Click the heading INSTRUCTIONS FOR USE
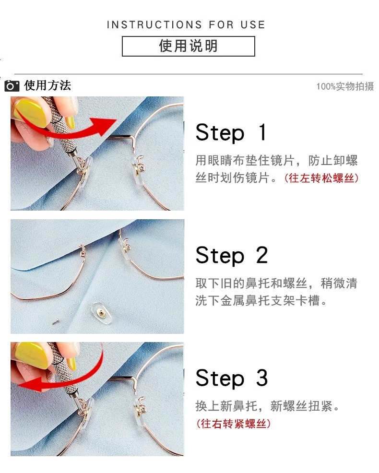point(186,25)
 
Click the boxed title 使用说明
point(188,46)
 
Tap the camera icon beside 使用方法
point(12,86)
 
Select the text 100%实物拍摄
point(344,87)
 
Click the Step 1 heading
point(231,132)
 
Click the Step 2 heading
point(231,255)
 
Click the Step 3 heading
point(231,378)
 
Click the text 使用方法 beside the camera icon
point(47,86)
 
